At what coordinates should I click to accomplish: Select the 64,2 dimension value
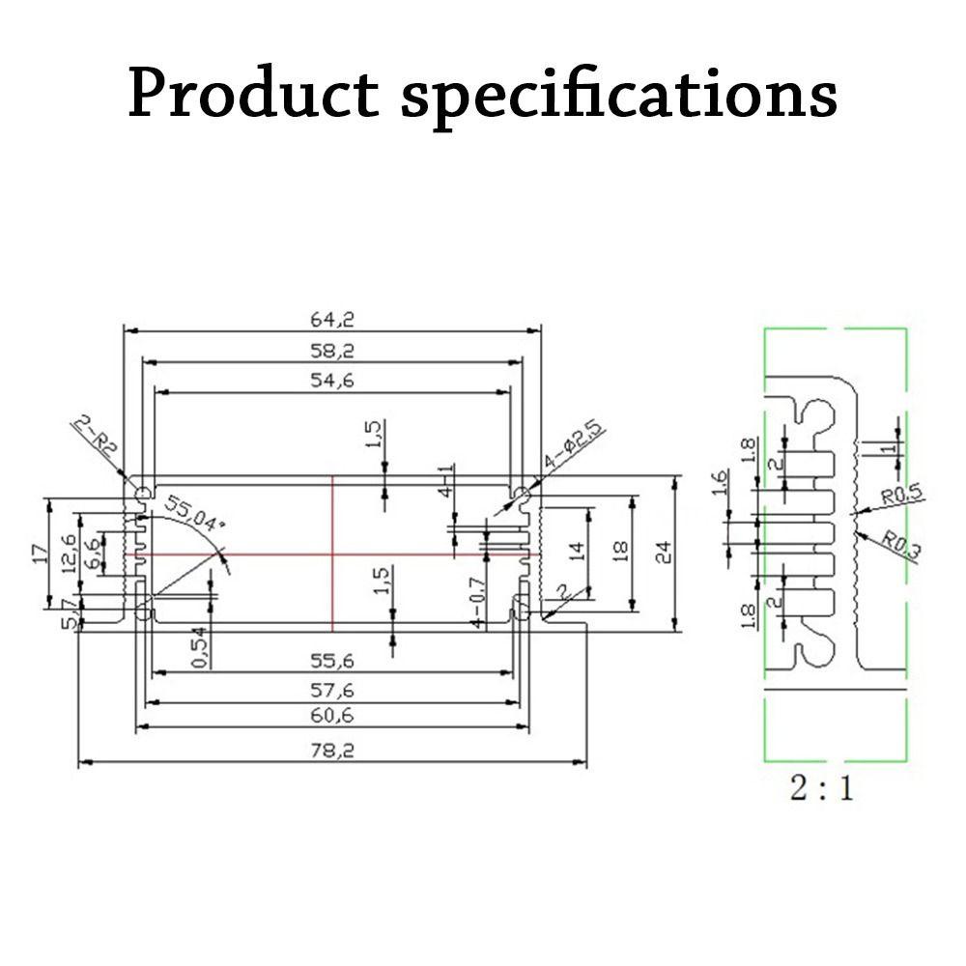pyautogui.click(x=331, y=319)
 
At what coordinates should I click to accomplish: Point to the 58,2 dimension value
pyautogui.click(x=331, y=350)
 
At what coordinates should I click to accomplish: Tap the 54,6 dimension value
pyautogui.click(x=331, y=381)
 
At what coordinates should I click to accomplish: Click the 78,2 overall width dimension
pyautogui.click(x=331, y=751)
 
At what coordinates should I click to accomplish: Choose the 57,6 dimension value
pyautogui.click(x=331, y=690)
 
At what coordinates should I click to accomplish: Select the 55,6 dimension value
pyautogui.click(x=331, y=662)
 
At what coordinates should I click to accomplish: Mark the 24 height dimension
pyautogui.click(x=663, y=553)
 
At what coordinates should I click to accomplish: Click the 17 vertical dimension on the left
pyautogui.click(x=40, y=554)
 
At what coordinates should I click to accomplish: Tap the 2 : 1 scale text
pyautogui.click(x=822, y=789)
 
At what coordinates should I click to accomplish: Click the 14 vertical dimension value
pyautogui.click(x=577, y=552)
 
